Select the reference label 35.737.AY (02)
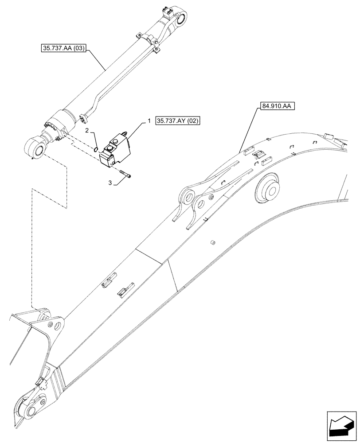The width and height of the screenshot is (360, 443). (x=177, y=121)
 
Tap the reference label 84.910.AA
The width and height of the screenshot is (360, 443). (x=275, y=107)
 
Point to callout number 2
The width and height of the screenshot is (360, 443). (x=87, y=130)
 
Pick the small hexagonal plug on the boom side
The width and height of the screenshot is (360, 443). (x=212, y=242)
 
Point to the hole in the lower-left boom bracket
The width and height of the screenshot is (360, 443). (x=56, y=326)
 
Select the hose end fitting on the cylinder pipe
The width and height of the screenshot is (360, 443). (x=82, y=118)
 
